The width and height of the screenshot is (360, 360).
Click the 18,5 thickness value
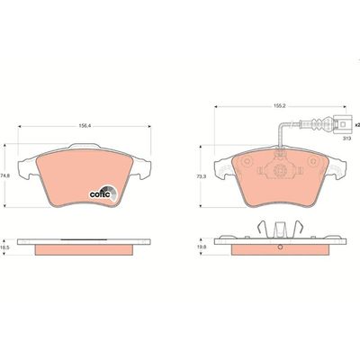(x=6, y=245)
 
